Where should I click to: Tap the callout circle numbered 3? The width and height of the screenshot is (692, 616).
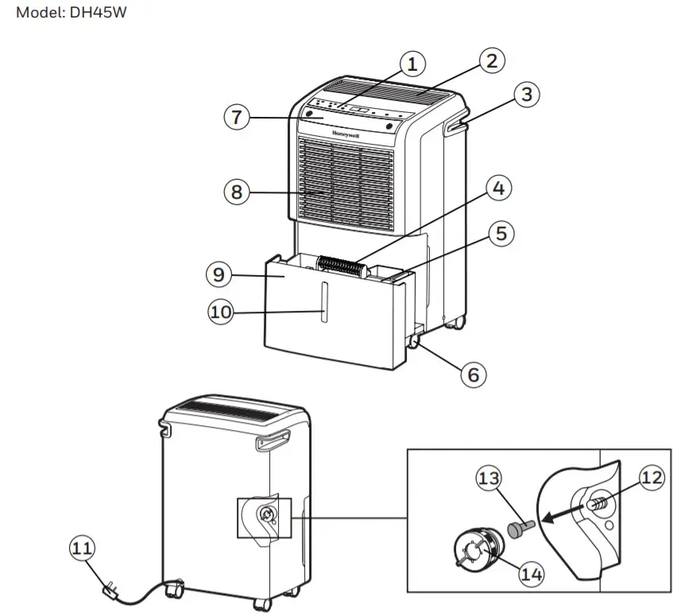[525, 95]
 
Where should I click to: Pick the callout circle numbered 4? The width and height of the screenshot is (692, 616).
[498, 189]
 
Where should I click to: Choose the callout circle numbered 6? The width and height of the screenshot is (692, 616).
[474, 374]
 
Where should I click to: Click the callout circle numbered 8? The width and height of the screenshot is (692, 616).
[237, 192]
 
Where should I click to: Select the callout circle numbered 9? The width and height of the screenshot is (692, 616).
[219, 275]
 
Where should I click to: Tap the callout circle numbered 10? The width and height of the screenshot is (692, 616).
[222, 312]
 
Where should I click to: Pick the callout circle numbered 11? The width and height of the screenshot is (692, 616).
[83, 548]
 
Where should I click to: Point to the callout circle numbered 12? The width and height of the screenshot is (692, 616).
[651, 478]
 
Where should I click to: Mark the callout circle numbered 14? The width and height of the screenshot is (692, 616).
[532, 574]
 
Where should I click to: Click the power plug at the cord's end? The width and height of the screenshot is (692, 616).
[111, 591]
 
